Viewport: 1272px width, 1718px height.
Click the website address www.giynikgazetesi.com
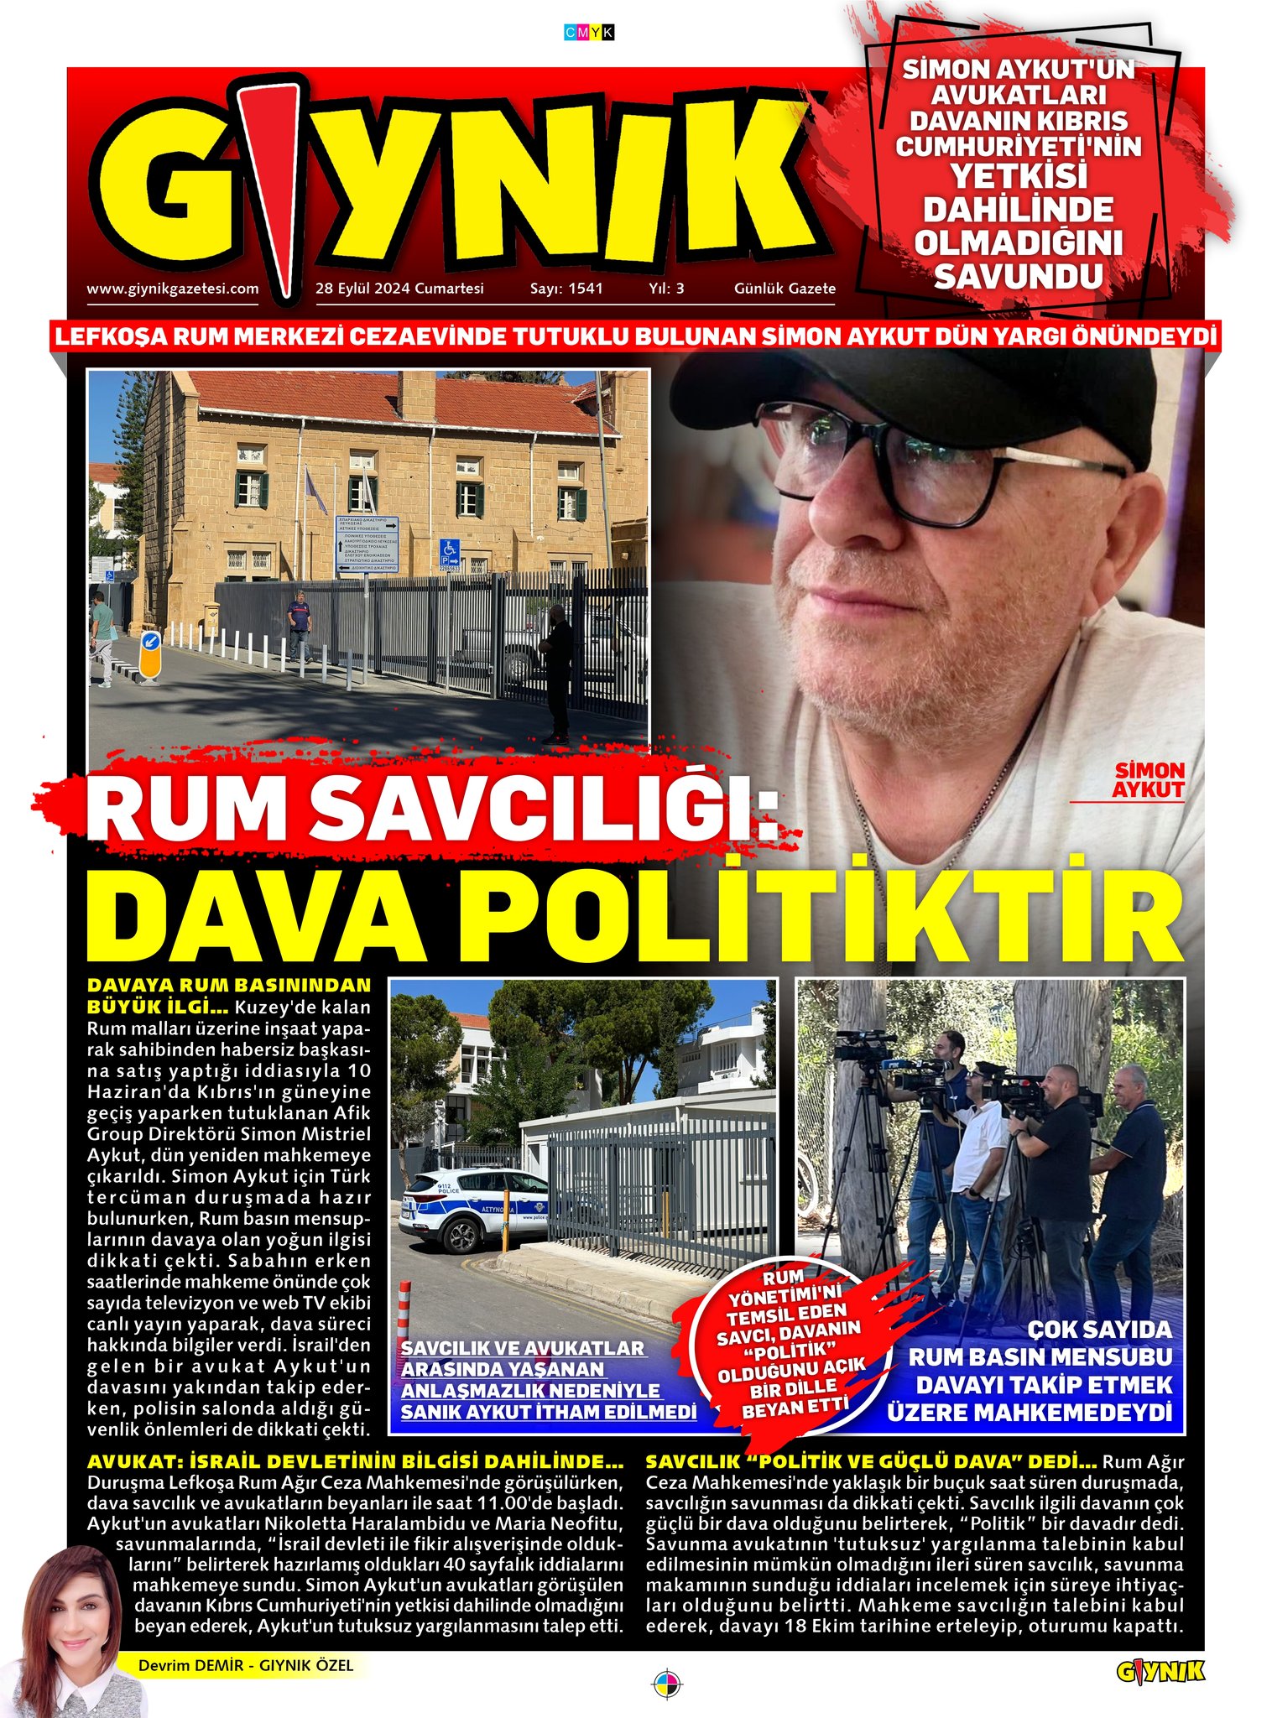172,289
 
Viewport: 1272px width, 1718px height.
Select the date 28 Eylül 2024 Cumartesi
399,289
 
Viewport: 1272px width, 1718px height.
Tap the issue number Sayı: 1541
566,289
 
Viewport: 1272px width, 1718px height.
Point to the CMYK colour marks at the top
590,32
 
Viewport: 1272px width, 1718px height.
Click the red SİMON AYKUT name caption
1148,780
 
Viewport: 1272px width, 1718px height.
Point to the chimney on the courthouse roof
415,396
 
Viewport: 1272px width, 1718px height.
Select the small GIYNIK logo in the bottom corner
1160,1671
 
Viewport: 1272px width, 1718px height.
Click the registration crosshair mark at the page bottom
667,1683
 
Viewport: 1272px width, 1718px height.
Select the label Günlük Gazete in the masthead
785,289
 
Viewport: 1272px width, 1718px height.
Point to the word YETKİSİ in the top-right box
1018,177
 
